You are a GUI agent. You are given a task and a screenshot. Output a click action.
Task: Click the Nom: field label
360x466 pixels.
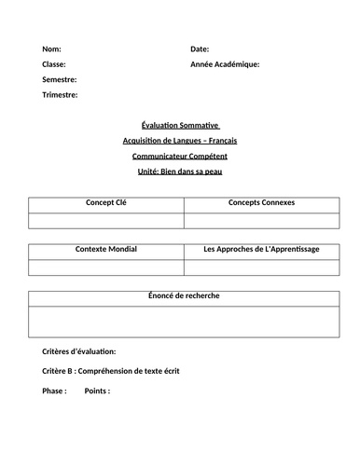coord(53,48)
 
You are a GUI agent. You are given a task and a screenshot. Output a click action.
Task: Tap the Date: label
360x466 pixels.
coord(200,48)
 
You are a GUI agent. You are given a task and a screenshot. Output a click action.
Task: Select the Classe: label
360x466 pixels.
coord(55,64)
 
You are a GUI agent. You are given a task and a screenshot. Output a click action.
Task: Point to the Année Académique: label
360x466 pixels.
coord(225,64)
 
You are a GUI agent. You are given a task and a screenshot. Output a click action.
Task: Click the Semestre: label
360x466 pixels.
coord(60,80)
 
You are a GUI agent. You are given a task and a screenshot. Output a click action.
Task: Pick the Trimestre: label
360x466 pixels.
coord(60,95)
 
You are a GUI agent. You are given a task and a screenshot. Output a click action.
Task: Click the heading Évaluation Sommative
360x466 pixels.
coord(179,125)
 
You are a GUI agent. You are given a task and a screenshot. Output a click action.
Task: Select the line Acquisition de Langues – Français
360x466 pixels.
coord(179,141)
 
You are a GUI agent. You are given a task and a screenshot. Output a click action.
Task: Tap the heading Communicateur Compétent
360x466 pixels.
coord(179,157)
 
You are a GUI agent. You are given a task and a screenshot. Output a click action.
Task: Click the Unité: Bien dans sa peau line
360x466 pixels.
coord(179,172)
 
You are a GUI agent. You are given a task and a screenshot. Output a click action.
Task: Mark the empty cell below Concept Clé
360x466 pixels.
coord(105,220)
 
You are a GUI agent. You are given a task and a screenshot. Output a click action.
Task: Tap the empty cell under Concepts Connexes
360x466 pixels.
coord(260,220)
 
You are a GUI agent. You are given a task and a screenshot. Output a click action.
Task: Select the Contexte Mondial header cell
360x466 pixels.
coord(105,250)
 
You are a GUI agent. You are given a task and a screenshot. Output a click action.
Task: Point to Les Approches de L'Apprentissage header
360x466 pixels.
coord(260,250)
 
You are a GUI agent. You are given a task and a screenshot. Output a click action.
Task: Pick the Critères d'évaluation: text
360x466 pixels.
coord(79,352)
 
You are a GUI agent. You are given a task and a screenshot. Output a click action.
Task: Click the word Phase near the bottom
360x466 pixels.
coord(54,391)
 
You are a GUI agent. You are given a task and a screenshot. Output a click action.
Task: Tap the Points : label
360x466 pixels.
coord(97,391)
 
